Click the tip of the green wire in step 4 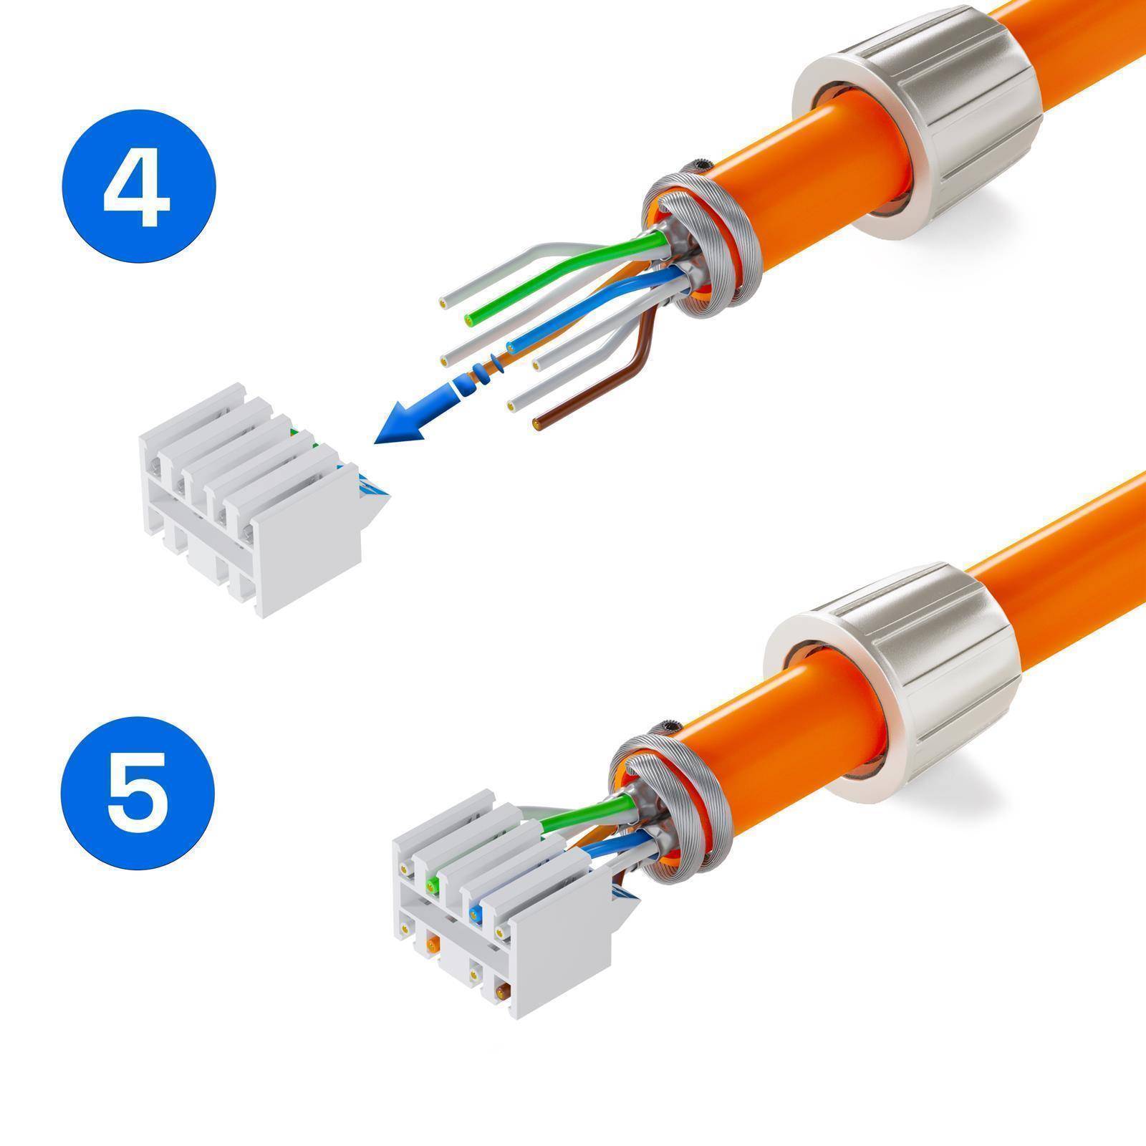pyautogui.click(x=471, y=317)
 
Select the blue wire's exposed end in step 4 pyautogui.click(x=510, y=348)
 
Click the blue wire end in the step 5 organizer pyautogui.click(x=473, y=913)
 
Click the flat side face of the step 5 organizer pyautogui.click(x=566, y=953)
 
